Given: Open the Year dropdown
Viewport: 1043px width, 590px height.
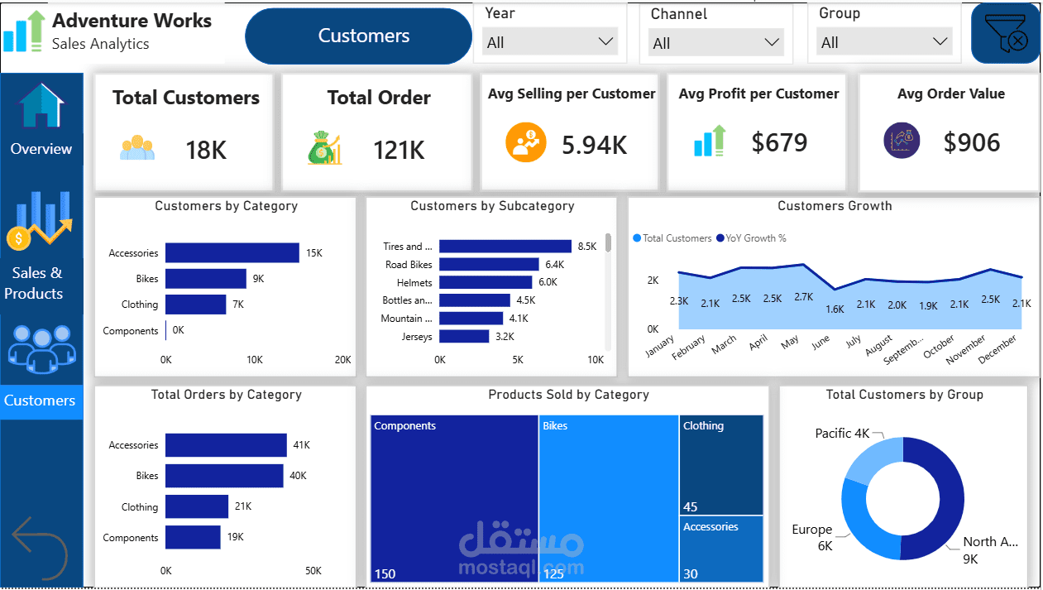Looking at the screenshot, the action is pos(550,42).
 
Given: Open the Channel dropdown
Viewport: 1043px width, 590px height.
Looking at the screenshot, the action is pos(716,43).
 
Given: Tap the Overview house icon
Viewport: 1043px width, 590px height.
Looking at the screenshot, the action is pos(41,105).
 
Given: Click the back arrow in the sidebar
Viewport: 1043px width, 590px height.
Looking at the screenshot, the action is pos(40,549).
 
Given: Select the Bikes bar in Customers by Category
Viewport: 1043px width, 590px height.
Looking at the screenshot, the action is pos(205,279).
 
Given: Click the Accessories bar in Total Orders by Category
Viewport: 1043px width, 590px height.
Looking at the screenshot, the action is pos(226,445).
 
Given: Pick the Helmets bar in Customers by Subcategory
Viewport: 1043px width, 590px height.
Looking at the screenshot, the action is pos(486,282).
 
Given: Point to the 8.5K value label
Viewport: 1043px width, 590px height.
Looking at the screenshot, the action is pos(586,247).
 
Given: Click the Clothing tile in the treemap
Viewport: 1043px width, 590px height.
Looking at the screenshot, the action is pos(720,465).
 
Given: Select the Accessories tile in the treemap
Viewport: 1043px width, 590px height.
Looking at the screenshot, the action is pos(720,549).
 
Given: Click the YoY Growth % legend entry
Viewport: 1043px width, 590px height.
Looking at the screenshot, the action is pos(751,238).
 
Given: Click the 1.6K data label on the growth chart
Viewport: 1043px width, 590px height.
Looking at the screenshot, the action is pos(835,309).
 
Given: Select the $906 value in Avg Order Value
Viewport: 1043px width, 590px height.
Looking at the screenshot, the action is pos(971,142).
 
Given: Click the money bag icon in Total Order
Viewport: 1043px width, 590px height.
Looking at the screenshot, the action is pos(324,147).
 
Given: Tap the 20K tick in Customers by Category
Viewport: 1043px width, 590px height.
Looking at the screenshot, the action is pos(342,359).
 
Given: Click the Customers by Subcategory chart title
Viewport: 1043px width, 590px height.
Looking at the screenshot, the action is pos(492,206).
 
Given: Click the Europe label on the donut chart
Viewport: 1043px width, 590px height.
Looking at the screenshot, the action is pos(811,530).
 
